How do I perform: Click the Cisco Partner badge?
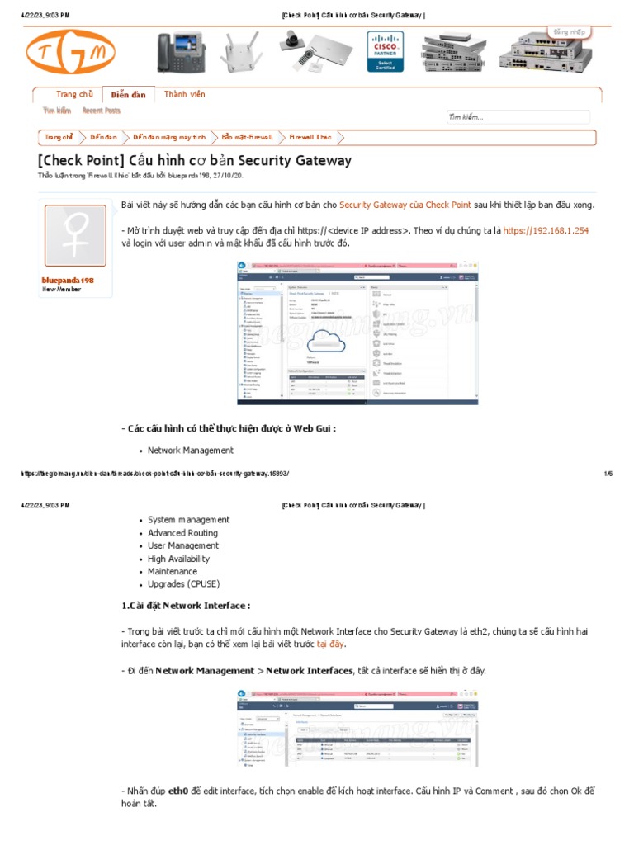click(386, 51)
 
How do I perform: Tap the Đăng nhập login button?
click(569, 32)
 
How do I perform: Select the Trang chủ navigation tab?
click(73, 95)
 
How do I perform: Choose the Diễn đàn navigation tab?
click(128, 95)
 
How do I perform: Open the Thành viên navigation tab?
click(184, 95)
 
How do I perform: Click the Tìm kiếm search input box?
click(518, 117)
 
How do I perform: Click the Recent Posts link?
click(101, 111)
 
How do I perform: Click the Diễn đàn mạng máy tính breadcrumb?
click(171, 138)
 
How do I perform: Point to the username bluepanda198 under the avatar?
click(68, 281)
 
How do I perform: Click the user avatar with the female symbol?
click(75, 236)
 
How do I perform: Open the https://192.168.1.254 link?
click(546, 231)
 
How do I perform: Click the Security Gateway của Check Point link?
click(405, 205)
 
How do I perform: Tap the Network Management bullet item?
click(190, 451)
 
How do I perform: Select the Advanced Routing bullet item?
click(182, 533)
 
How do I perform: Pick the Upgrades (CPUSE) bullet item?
click(184, 584)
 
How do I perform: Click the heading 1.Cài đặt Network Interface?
click(185, 606)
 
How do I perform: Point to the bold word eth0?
click(177, 791)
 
